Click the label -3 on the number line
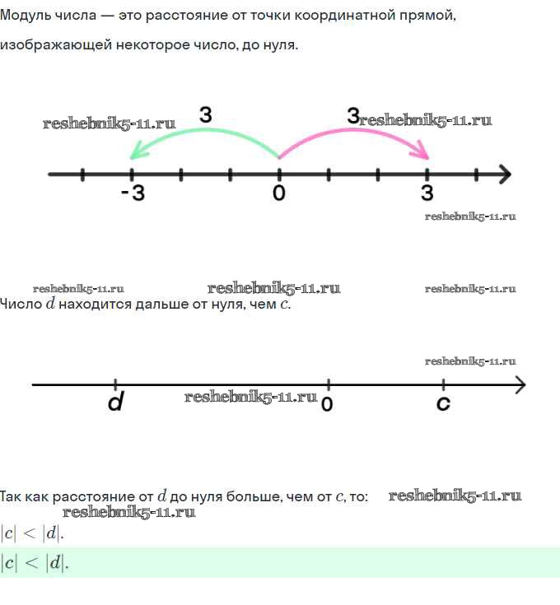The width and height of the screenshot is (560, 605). tap(132, 193)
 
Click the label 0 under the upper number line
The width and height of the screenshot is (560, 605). tap(279, 193)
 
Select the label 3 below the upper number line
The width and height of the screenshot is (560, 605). tap(427, 193)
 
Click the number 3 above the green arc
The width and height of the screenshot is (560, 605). tap(206, 116)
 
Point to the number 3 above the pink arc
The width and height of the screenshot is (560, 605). tap(352, 116)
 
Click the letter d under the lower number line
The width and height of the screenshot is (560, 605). tap(115, 403)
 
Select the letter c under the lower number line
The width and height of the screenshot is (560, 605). tap(443, 403)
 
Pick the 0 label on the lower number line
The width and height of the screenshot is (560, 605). tap(327, 404)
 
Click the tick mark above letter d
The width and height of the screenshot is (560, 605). tap(115, 384)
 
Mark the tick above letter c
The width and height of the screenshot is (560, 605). tap(443, 384)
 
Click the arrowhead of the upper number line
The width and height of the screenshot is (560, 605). tap(504, 175)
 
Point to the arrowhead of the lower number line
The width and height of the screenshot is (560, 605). tap(519, 384)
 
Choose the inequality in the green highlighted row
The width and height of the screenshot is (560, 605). tap(34, 563)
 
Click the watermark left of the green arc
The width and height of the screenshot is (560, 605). tap(109, 123)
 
